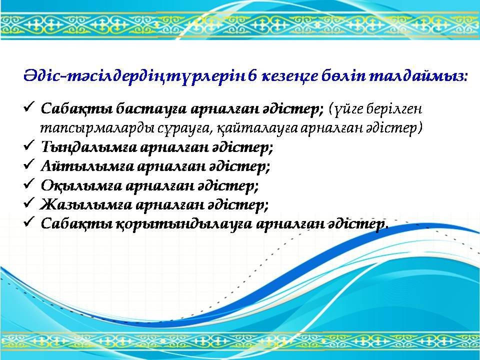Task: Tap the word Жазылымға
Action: click(x=86, y=204)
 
